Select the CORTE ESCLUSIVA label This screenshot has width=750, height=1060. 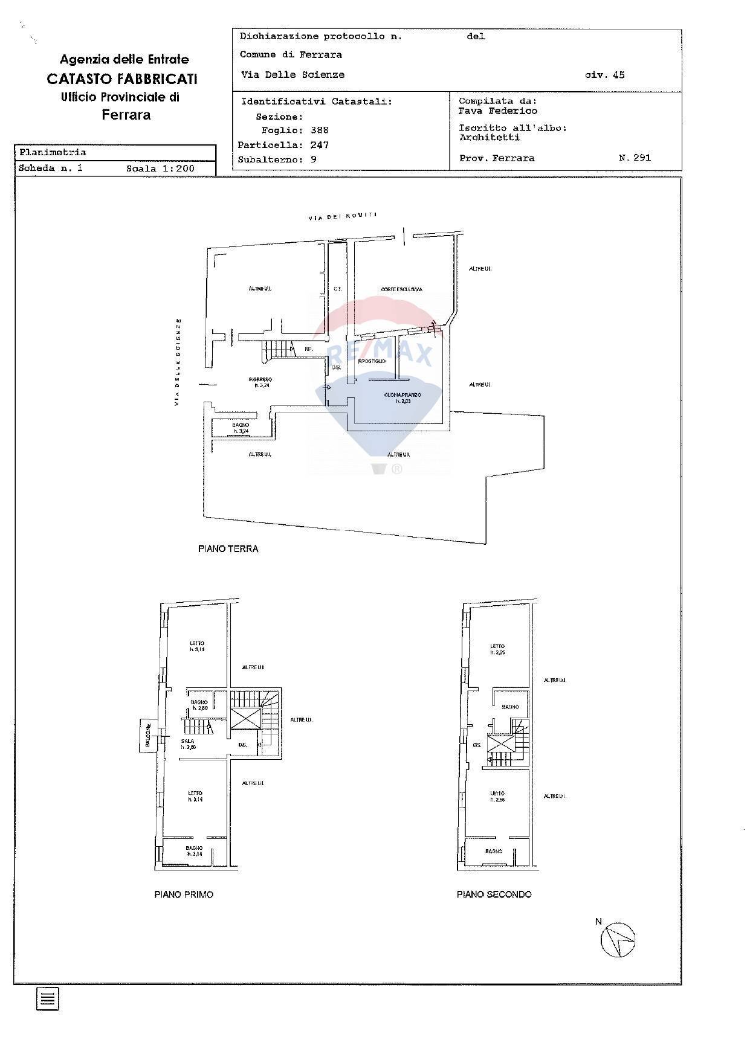401,289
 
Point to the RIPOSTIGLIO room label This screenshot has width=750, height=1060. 372,361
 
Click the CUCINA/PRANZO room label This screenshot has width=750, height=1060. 402,395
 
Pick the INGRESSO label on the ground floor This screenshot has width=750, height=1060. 260,380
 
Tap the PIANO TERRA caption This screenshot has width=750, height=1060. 228,549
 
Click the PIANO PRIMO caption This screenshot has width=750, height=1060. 184,895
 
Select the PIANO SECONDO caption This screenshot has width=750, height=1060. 494,895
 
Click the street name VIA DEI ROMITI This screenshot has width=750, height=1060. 343,216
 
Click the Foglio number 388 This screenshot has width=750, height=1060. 319,130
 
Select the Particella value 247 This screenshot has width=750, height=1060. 319,145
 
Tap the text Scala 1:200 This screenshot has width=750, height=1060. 160,169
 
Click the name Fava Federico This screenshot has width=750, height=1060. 497,111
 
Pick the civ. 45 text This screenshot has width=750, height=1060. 604,75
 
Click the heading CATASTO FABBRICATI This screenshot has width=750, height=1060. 122,79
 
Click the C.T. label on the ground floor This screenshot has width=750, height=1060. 338,289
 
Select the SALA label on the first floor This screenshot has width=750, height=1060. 187,741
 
